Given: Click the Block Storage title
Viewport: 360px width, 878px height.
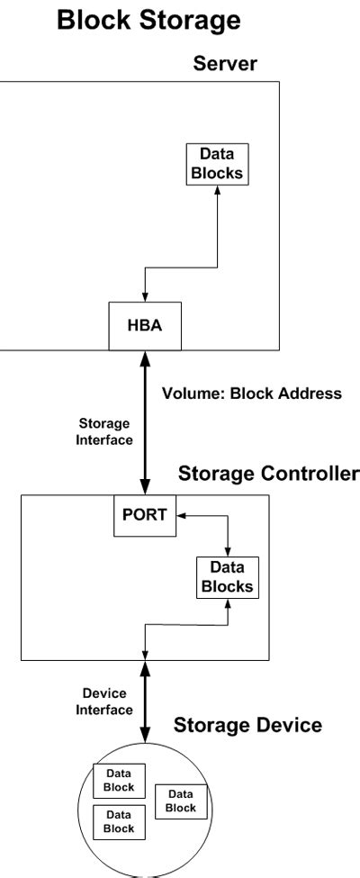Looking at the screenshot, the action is pyautogui.click(x=148, y=20).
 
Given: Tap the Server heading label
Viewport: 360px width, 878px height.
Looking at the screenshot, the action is pyautogui.click(x=225, y=63).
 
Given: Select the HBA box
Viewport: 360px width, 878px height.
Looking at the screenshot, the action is pyautogui.click(x=145, y=326).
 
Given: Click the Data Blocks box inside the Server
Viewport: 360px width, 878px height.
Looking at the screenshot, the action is pyautogui.click(x=217, y=164).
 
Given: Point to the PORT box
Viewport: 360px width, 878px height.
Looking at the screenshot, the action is pyautogui.click(x=145, y=515).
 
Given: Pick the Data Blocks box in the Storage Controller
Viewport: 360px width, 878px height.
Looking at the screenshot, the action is pyautogui.click(x=228, y=577).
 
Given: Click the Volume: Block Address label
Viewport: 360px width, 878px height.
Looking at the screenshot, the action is pyautogui.click(x=252, y=394).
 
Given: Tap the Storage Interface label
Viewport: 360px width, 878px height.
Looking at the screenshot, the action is pyautogui.click(x=104, y=431).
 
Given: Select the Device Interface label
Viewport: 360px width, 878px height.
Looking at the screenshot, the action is pyautogui.click(x=104, y=701).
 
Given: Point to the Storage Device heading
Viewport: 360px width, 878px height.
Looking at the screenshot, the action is pyautogui.click(x=247, y=725).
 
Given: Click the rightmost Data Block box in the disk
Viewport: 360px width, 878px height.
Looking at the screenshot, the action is pyautogui.click(x=181, y=801).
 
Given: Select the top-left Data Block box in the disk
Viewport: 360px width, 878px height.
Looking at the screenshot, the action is pyautogui.click(x=120, y=781).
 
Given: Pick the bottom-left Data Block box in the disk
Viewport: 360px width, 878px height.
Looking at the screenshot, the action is pyautogui.click(x=120, y=822).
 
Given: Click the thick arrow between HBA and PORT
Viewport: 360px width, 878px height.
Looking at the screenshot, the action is pyautogui.click(x=145, y=422).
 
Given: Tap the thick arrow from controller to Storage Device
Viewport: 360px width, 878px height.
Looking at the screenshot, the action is pyautogui.click(x=145, y=701).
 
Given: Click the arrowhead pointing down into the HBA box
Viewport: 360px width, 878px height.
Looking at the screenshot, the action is pyautogui.click(x=145, y=297).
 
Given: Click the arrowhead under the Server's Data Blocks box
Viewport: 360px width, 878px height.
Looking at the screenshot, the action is pyautogui.click(x=217, y=190).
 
